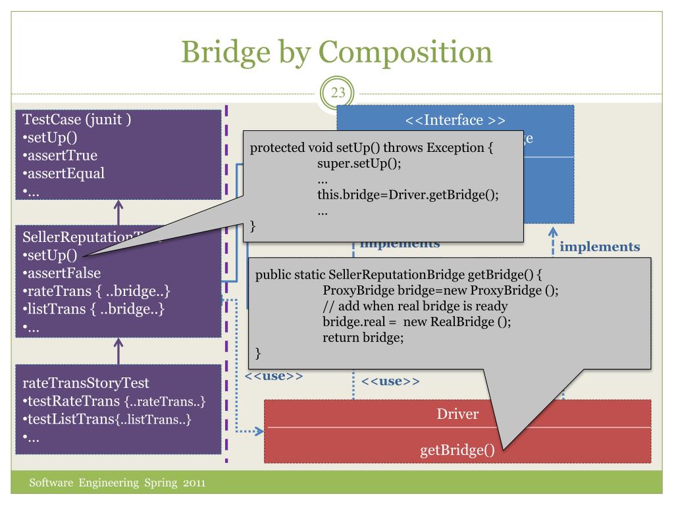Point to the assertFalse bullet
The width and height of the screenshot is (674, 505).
(x=63, y=273)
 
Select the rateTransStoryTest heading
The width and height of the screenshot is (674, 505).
(x=86, y=383)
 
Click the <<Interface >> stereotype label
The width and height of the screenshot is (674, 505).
(x=455, y=120)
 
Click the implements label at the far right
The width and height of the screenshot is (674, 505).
(x=600, y=247)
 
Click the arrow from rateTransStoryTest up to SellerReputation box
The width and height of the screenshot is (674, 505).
(x=118, y=350)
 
